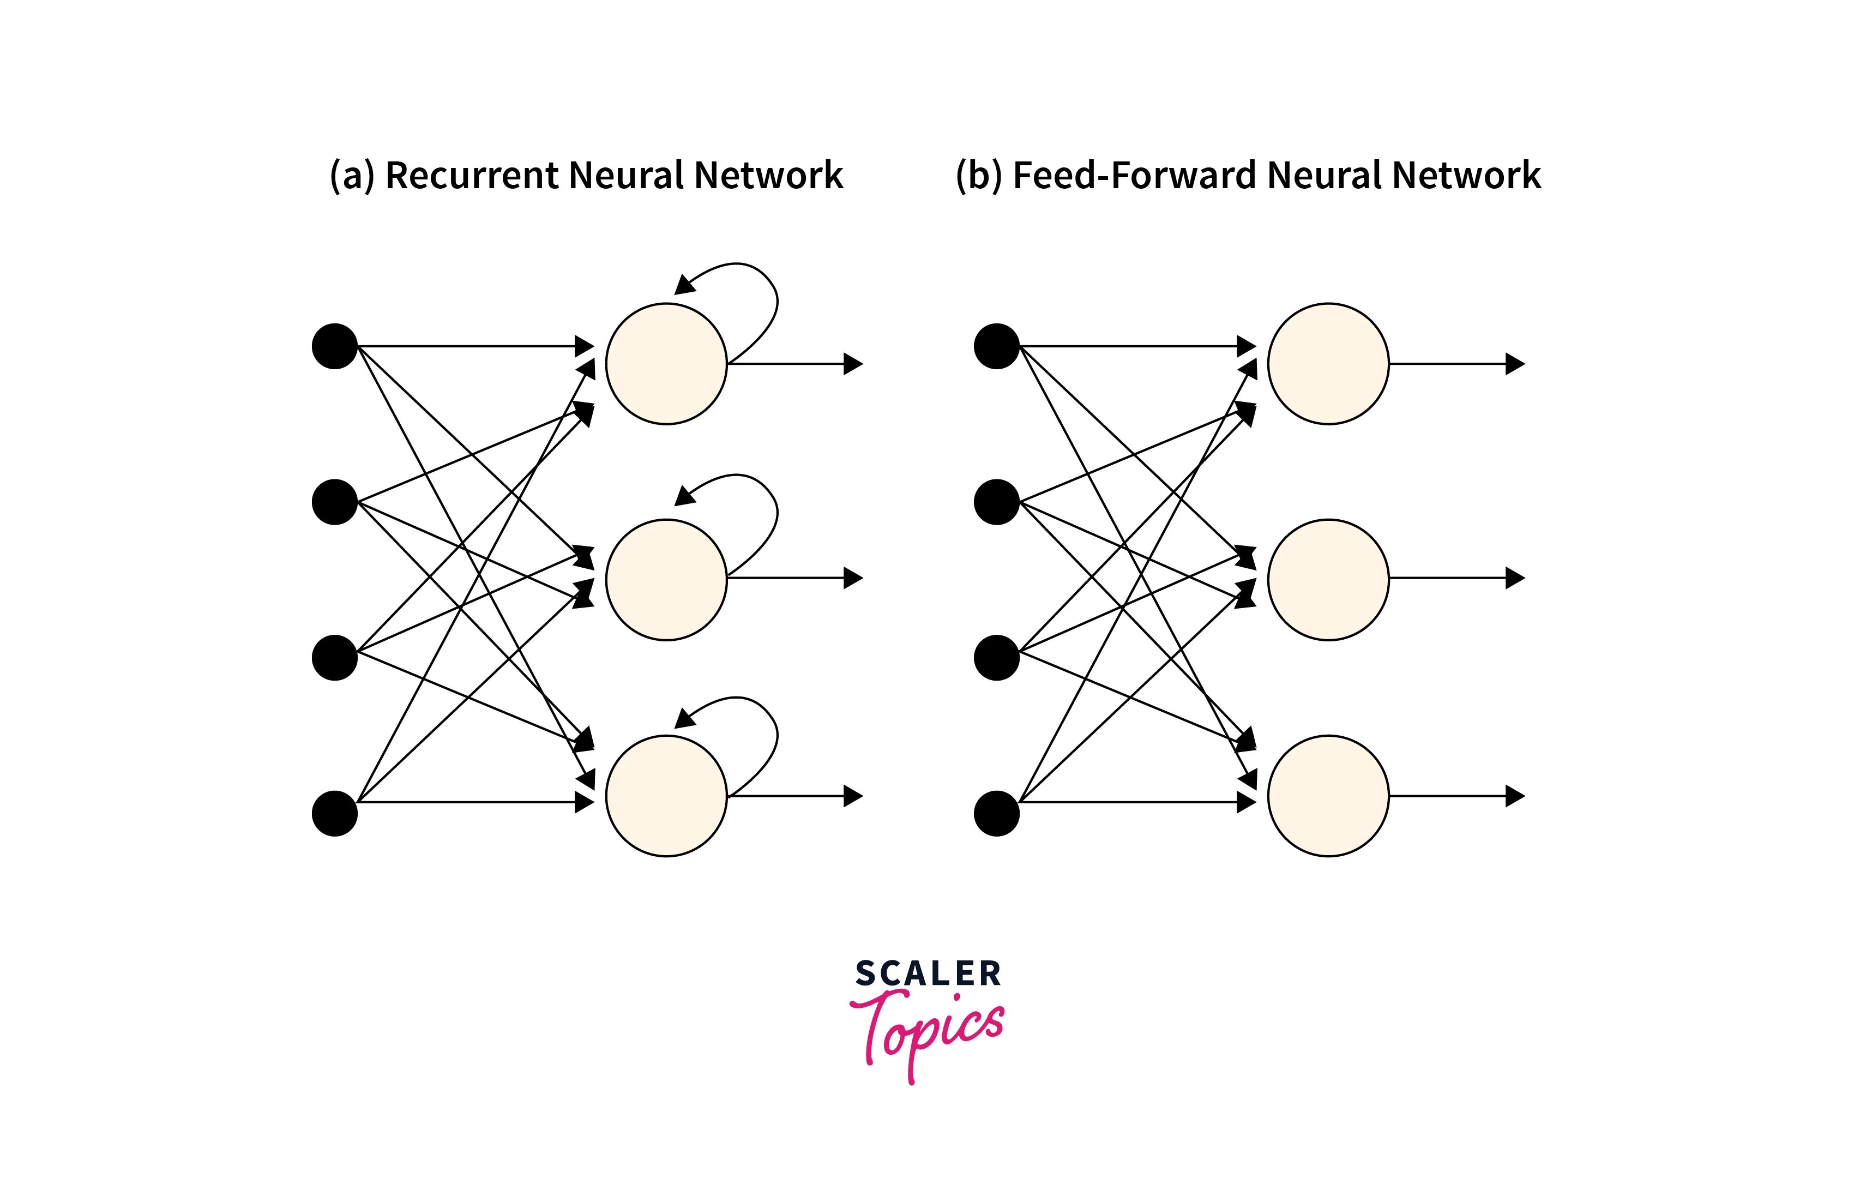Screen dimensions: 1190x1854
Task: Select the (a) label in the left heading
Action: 352,176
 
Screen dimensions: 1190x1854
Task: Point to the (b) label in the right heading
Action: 979,176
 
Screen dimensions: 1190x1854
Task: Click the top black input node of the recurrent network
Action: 334,346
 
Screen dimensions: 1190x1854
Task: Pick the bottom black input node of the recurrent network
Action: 334,813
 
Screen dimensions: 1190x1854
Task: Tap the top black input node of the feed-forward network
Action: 997,346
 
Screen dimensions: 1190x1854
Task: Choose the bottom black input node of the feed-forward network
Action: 997,813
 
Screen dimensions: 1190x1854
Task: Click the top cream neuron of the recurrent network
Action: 666,363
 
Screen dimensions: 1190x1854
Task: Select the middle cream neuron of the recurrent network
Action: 666,580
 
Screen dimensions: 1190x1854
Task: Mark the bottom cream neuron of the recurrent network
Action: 666,795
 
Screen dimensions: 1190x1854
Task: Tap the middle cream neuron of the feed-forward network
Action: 1328,580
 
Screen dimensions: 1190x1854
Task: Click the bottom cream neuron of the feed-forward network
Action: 1328,795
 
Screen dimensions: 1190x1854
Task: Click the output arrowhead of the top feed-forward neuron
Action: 1516,363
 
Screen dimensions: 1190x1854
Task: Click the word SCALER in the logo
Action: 928,973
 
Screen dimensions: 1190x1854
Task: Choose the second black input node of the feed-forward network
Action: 997,502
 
